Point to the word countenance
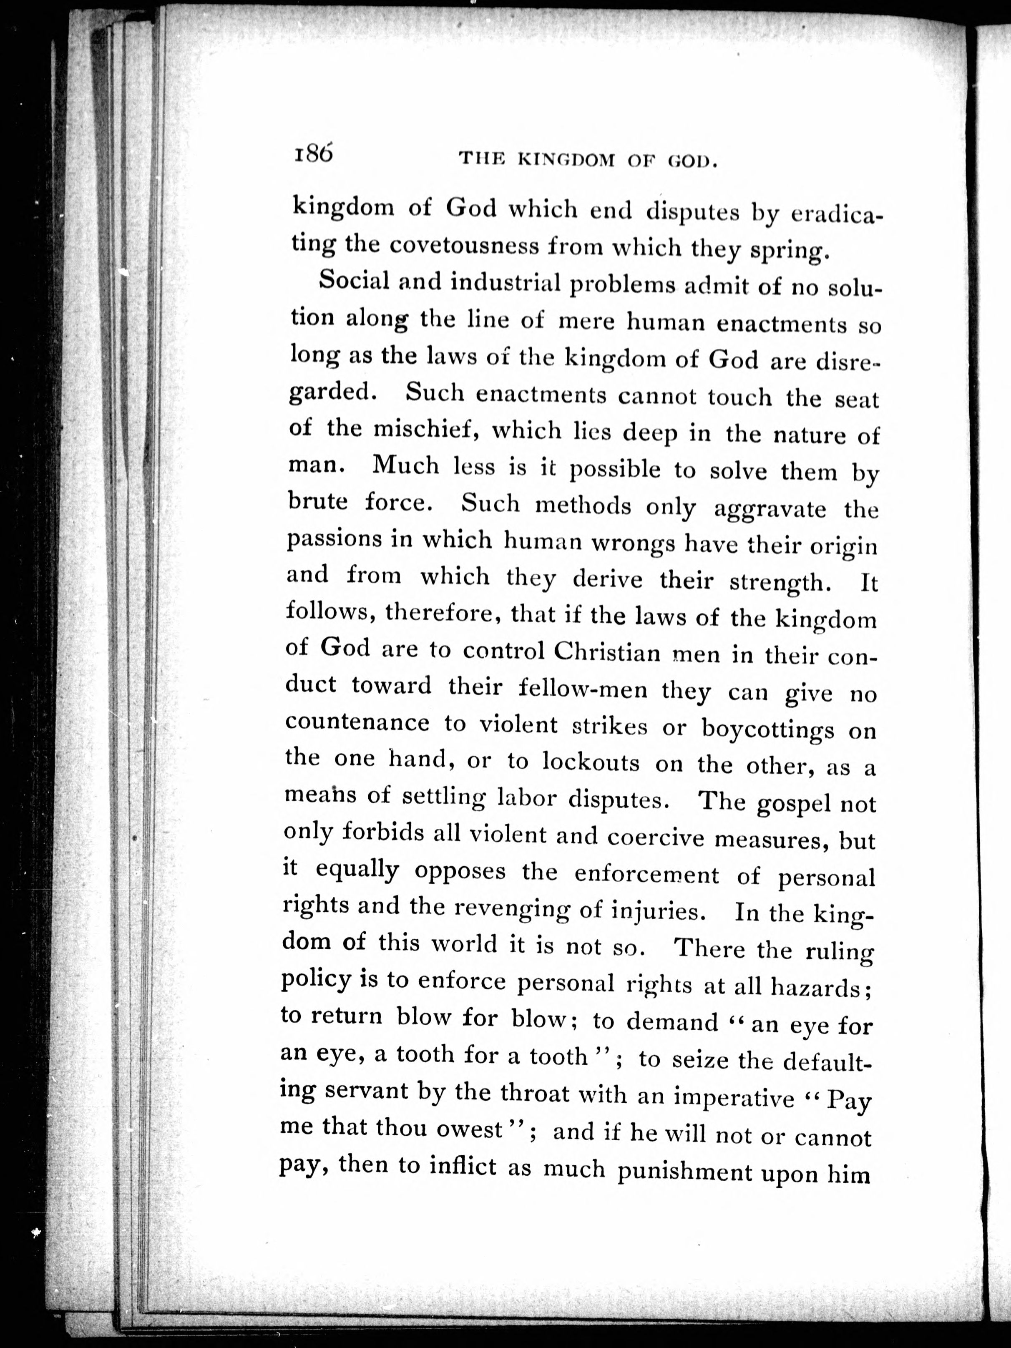click(x=358, y=723)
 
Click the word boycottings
click(x=767, y=729)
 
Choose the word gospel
click(x=793, y=804)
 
